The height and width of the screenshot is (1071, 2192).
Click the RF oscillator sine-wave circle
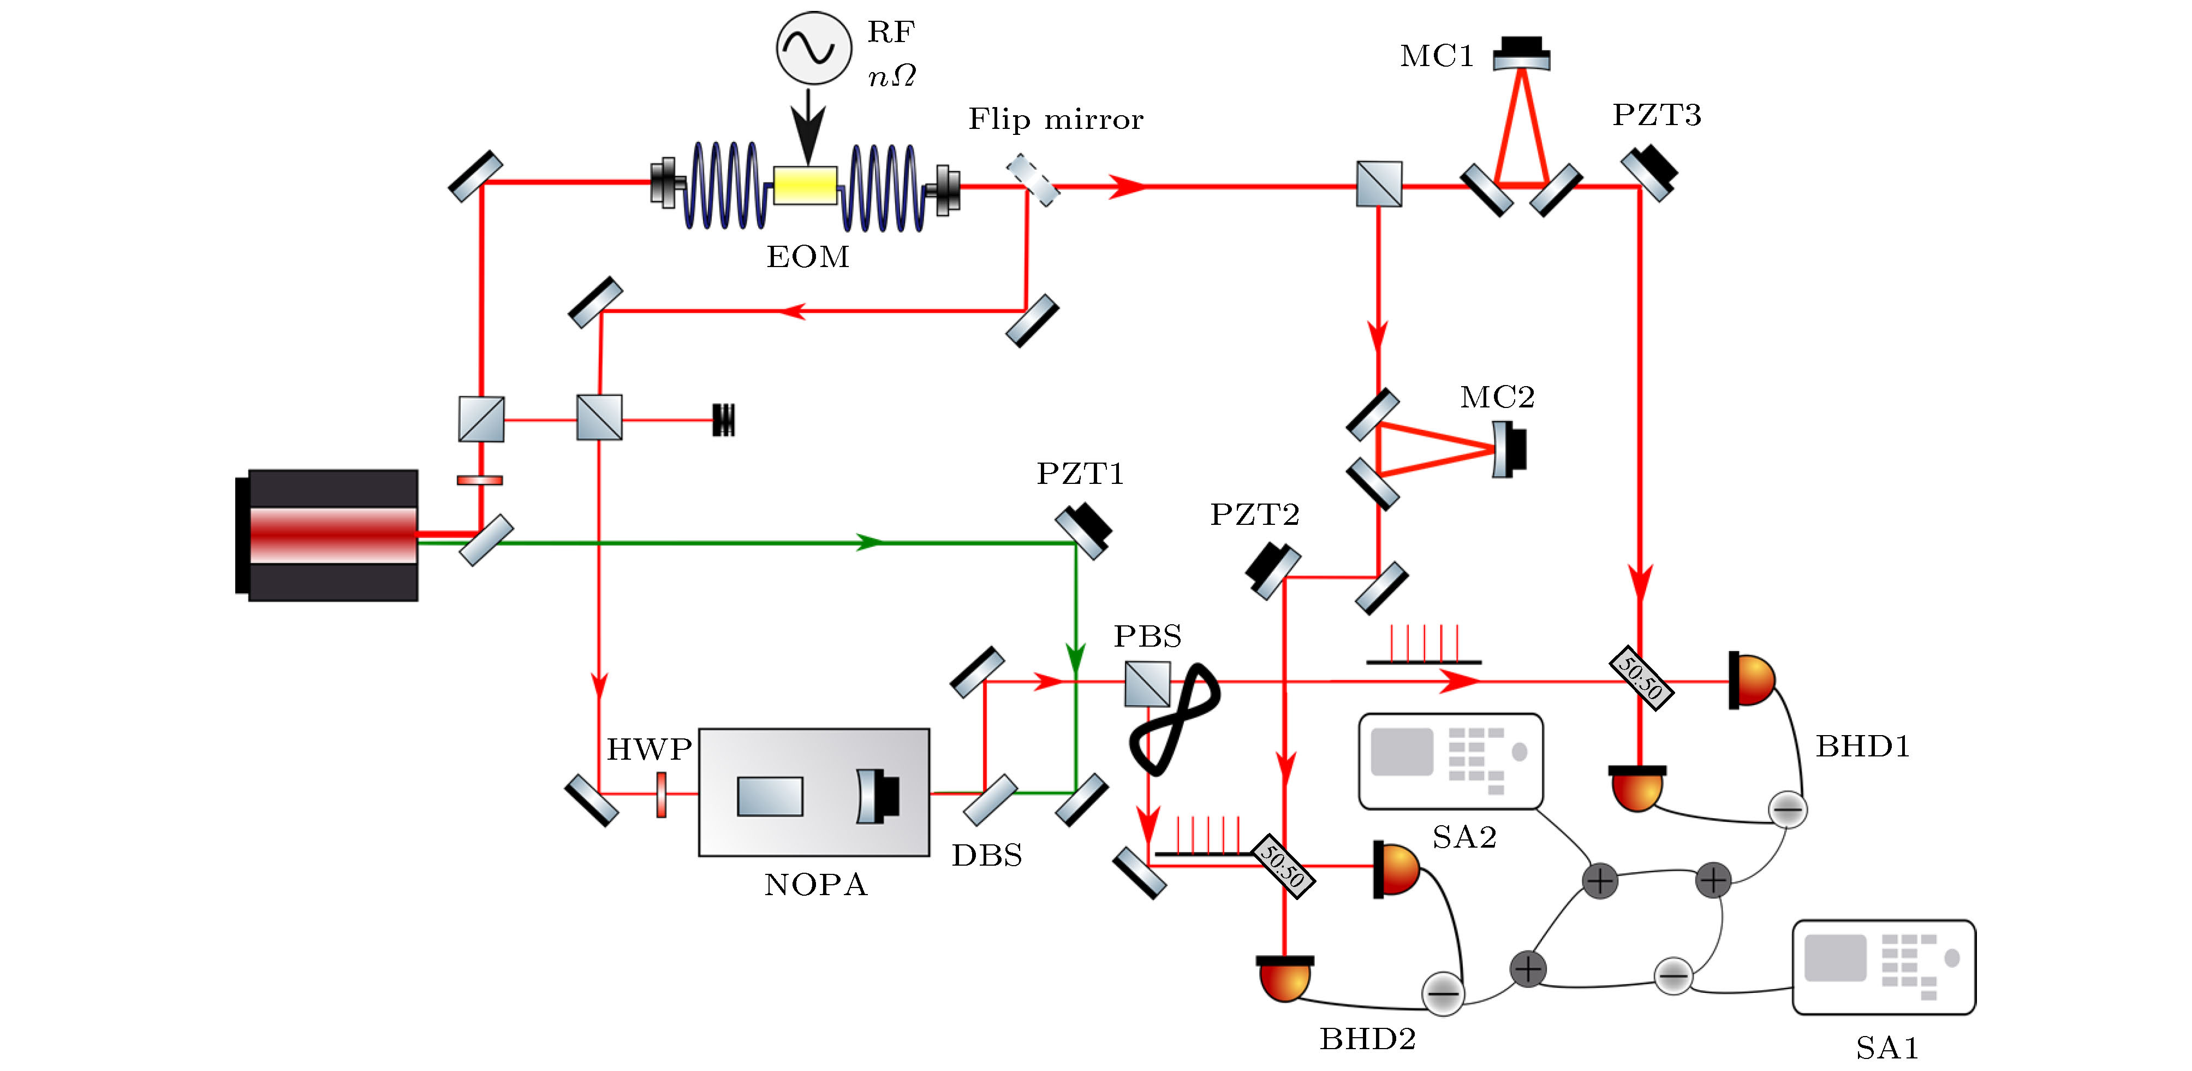tap(813, 48)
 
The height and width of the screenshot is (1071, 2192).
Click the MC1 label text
tap(1437, 56)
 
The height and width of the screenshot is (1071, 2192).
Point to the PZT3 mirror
tap(1649, 173)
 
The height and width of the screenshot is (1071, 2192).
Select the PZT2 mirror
tap(1273, 570)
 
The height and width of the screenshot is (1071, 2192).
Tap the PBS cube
tap(1147, 684)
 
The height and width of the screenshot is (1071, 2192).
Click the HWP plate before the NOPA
tap(661, 794)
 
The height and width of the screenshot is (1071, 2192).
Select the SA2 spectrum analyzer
tap(1451, 760)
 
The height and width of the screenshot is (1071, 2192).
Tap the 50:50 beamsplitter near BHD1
tap(1641, 678)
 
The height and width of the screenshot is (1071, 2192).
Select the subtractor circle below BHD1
tap(1787, 809)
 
